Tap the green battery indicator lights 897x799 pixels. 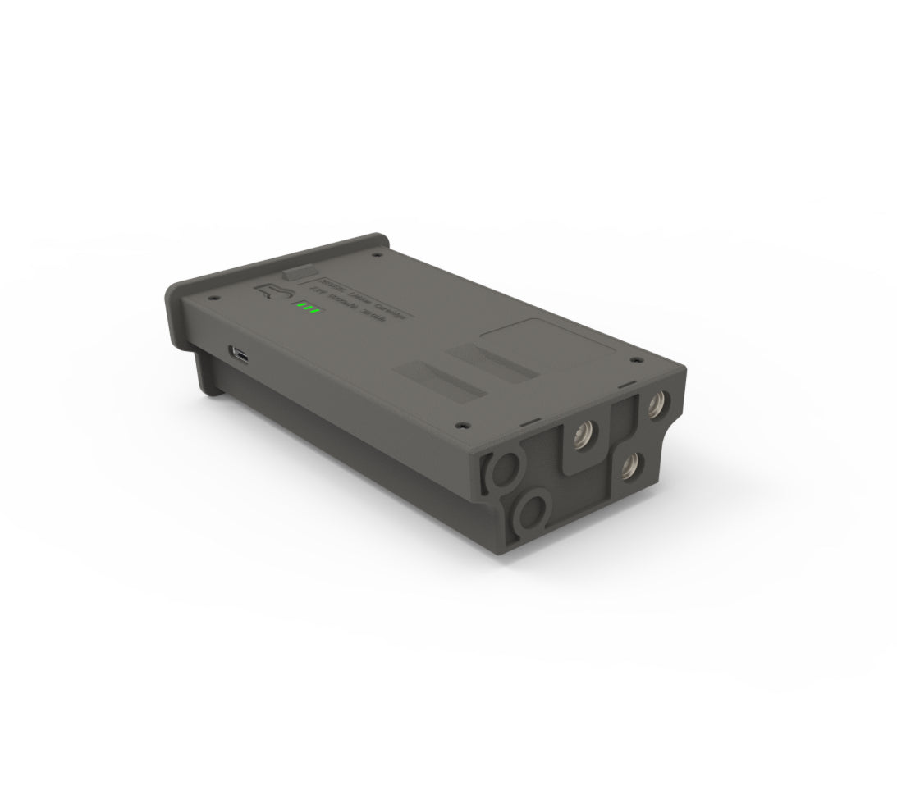click(x=308, y=308)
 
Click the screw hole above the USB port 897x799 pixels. click(x=212, y=297)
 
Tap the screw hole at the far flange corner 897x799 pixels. click(x=376, y=255)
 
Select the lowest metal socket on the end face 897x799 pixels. click(x=630, y=467)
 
